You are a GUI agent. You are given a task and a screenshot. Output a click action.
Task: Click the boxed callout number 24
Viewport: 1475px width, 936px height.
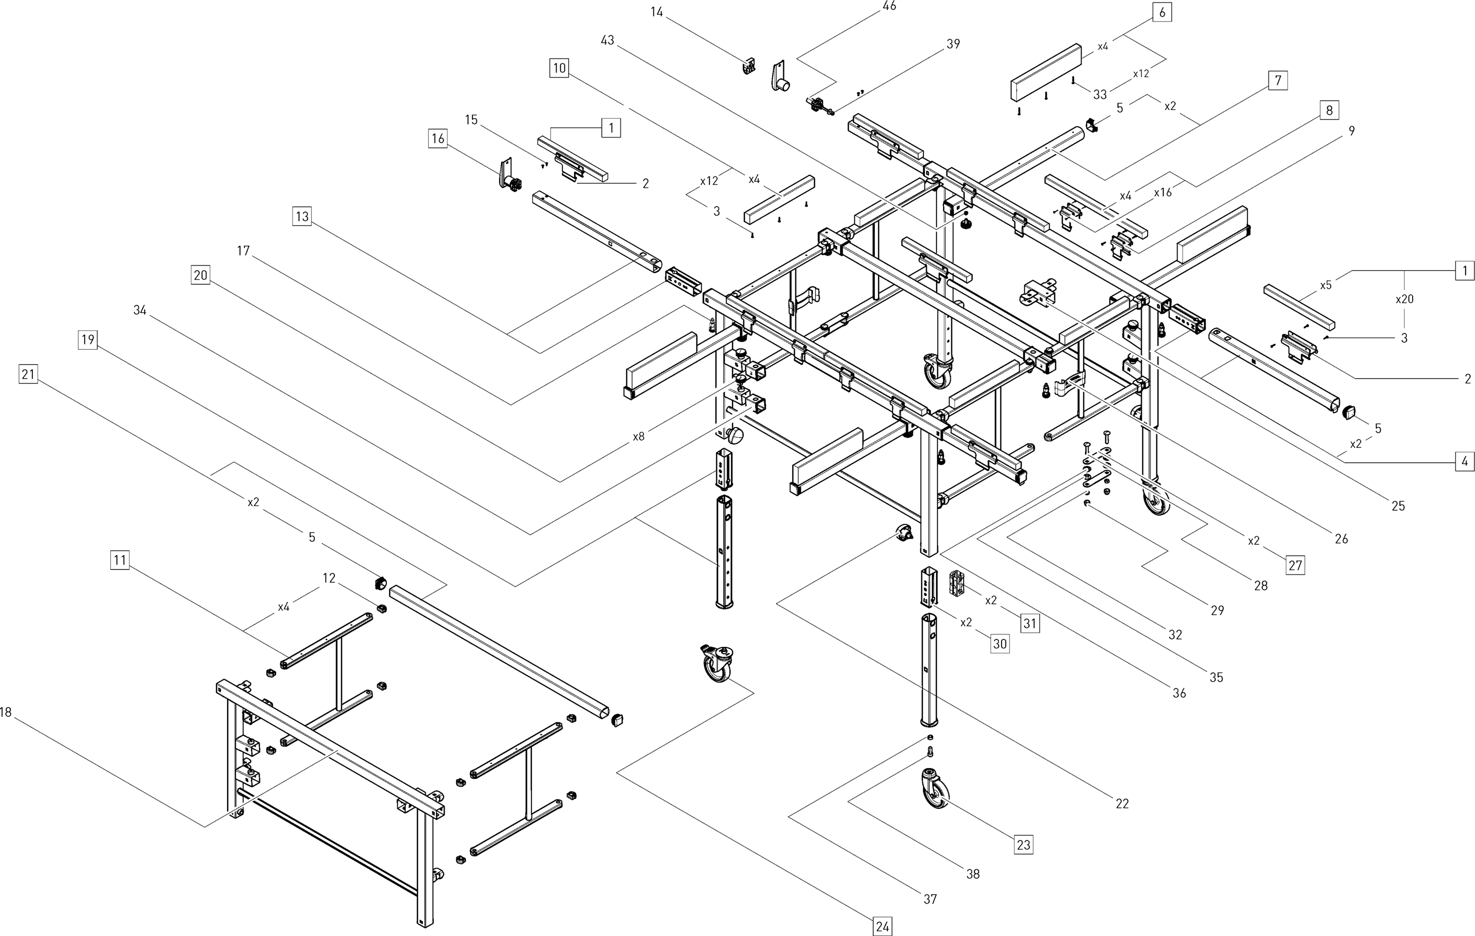882,926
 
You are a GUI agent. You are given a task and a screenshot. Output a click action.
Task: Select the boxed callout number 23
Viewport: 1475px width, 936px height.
1024,845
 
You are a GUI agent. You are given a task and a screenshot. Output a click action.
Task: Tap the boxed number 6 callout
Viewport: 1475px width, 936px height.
1162,12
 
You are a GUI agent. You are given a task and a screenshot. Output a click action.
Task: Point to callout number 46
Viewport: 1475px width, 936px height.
889,6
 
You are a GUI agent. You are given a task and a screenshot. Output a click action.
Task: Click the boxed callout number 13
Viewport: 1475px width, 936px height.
302,216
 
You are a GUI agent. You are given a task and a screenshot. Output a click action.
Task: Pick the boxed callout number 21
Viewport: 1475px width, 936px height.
28,373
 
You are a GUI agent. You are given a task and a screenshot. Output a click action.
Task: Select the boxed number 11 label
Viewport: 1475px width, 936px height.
120,560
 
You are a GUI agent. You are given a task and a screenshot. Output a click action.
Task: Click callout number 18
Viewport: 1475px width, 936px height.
5,712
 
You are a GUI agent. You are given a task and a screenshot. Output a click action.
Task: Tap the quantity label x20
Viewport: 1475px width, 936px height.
1404,299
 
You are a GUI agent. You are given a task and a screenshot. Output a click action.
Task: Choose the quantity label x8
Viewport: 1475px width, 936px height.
638,436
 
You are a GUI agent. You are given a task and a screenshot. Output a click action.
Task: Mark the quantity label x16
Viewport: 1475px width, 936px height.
1162,192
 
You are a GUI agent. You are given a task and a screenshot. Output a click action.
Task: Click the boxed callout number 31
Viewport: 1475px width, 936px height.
1030,623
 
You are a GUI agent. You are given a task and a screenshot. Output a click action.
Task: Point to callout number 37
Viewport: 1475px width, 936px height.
930,899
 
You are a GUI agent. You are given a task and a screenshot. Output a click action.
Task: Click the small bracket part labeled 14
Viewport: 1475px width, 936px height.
747,66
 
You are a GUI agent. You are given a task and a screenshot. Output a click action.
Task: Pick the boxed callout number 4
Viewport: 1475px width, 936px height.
1465,461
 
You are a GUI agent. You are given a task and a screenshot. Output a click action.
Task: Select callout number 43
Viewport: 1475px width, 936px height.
607,40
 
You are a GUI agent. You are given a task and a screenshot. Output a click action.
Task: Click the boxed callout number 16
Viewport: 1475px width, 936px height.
438,139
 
